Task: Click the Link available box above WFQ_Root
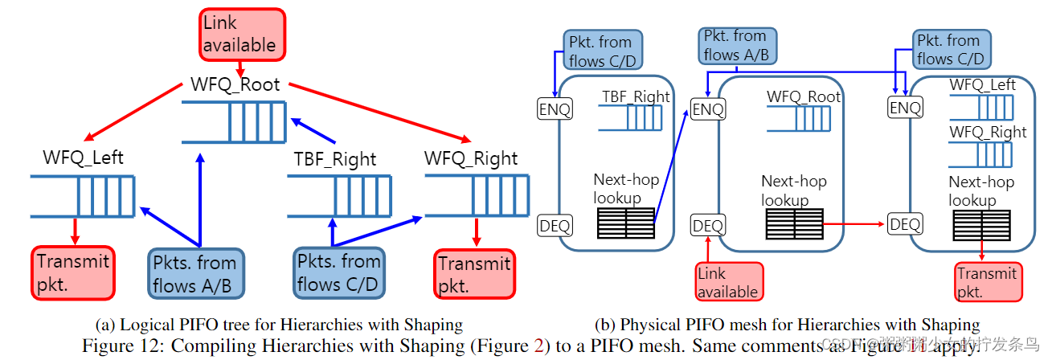pyautogui.click(x=240, y=35)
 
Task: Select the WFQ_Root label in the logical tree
pyautogui.click(x=235, y=84)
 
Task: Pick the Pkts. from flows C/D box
pyautogui.click(x=338, y=273)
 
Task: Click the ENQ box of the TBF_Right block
pyautogui.click(x=555, y=109)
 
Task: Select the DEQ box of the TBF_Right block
pyautogui.click(x=555, y=226)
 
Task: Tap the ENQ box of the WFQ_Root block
pyautogui.click(x=708, y=109)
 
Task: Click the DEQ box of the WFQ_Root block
pyautogui.click(x=708, y=226)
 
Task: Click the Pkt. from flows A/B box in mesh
pyautogui.click(x=735, y=46)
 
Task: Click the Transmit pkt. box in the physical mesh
pyautogui.click(x=987, y=282)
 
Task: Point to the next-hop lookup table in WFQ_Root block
pyautogui.click(x=794, y=223)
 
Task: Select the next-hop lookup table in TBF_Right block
pyautogui.click(x=626, y=223)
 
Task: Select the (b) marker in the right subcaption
pyautogui.click(x=604, y=325)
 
